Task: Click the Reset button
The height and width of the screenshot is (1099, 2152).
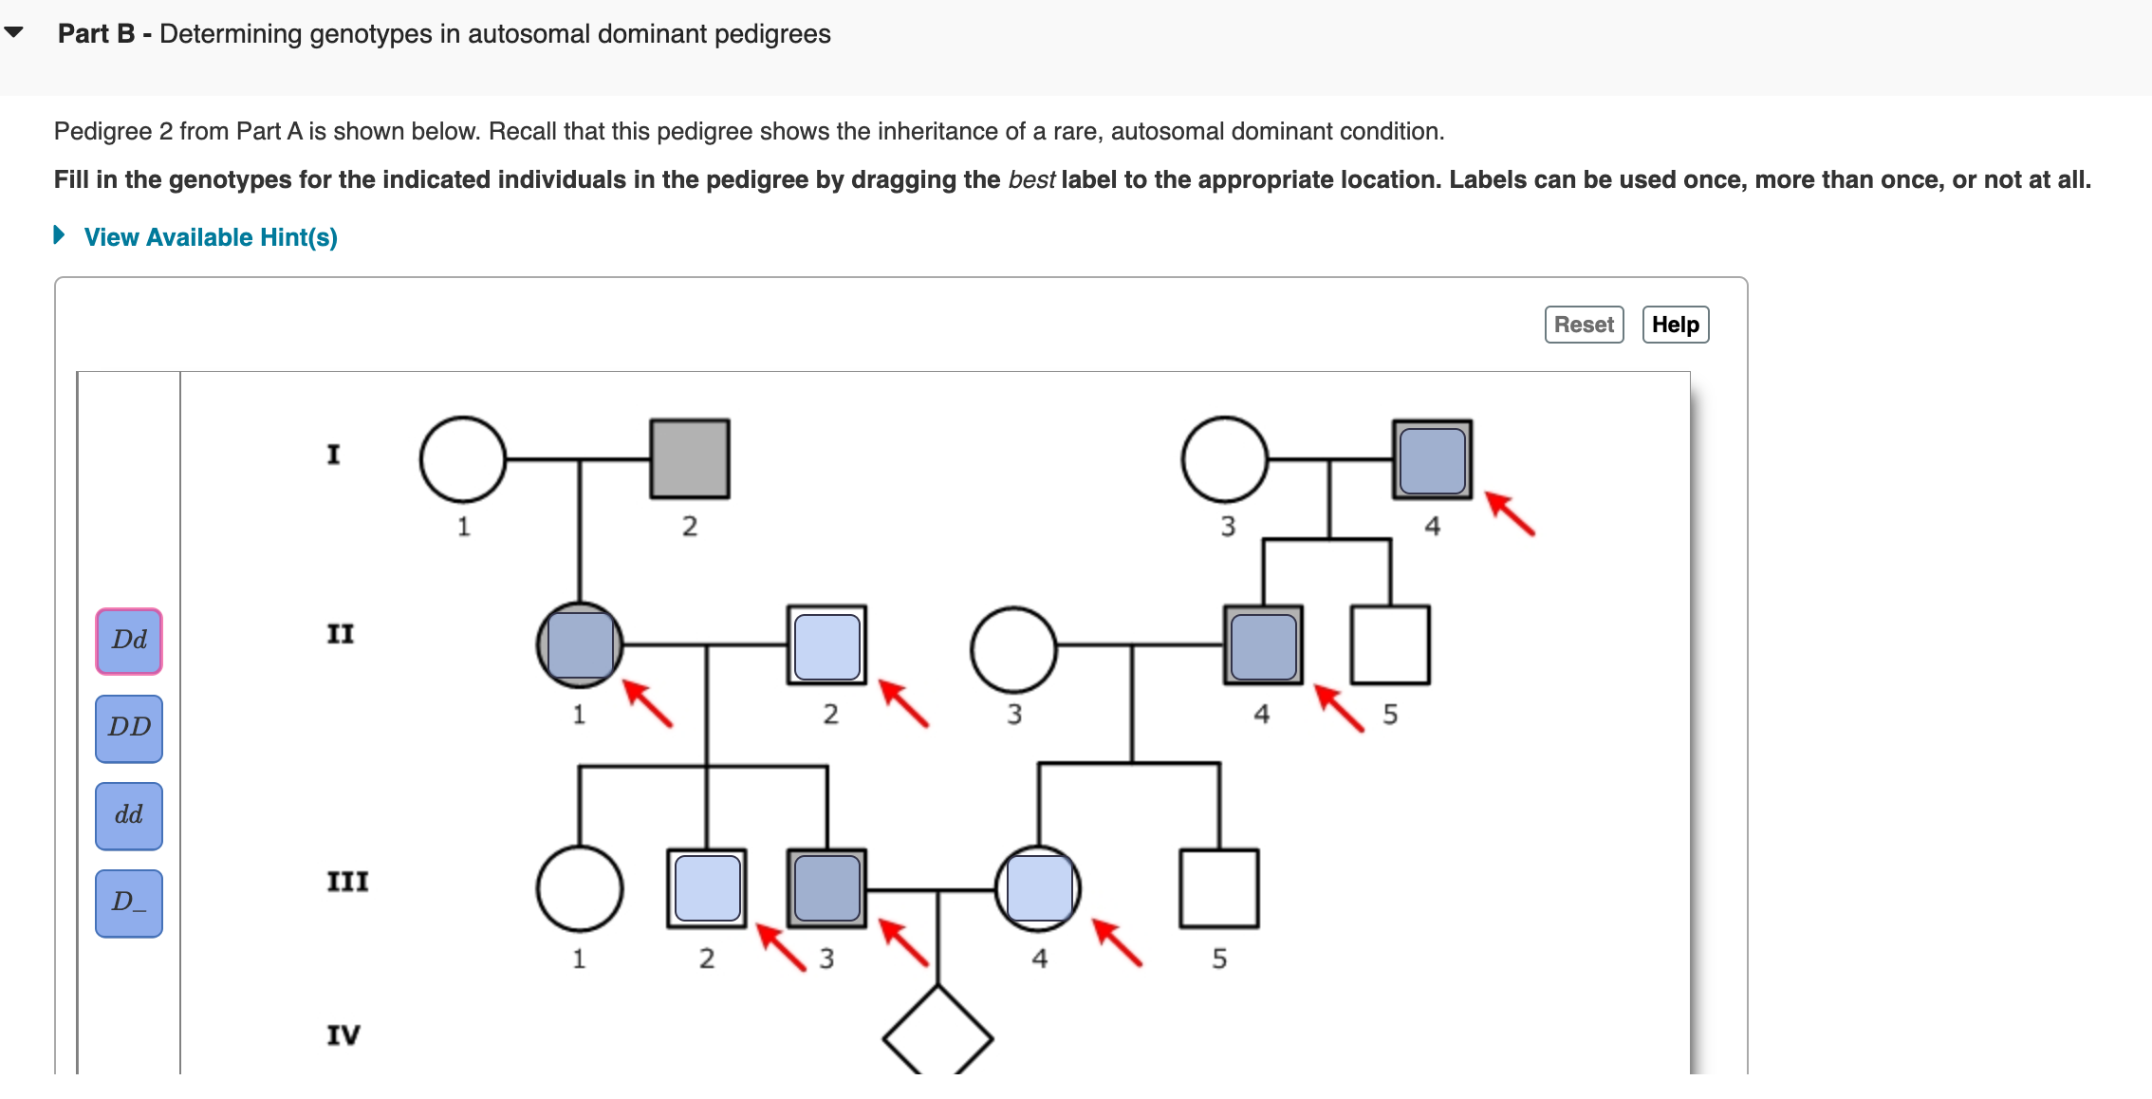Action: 1583,325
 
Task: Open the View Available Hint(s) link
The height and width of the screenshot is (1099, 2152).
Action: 210,237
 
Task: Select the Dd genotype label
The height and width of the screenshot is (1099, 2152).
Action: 129,641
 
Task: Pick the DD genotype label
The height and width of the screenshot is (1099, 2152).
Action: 129,728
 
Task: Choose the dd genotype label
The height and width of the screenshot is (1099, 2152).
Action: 129,815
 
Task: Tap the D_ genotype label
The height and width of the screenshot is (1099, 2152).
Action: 129,903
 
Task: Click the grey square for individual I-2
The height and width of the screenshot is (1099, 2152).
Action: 690,459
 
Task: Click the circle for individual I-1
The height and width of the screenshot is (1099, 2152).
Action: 463,459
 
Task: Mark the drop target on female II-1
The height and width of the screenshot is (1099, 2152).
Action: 580,645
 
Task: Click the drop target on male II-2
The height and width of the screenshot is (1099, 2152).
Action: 826,645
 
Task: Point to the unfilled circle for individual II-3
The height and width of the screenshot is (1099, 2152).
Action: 1013,649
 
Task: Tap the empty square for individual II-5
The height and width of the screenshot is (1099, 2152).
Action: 1390,645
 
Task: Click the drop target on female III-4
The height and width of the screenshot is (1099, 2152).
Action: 1039,888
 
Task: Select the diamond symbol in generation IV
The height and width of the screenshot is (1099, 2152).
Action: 937,1037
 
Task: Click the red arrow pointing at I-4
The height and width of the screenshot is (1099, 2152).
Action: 1510,513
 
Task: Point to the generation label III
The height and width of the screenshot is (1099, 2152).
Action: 347,882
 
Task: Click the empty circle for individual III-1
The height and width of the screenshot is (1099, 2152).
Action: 580,888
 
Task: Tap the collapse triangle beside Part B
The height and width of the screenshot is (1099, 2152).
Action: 14,32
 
